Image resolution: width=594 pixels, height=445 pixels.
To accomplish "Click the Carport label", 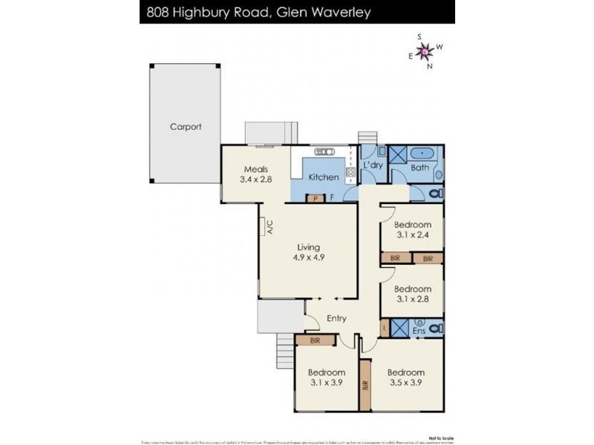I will pos(185,127).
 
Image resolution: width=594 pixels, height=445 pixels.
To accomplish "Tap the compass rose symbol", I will pos(425,51).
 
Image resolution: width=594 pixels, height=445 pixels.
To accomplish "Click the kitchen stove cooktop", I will pos(350,175).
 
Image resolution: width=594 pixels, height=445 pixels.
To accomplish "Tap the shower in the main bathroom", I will pos(399,156).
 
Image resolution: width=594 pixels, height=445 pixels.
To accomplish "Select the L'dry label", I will pos(373,165).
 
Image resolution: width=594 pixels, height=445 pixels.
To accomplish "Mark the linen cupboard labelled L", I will pos(385,327).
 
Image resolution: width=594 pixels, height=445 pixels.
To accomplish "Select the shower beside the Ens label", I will pos(400,327).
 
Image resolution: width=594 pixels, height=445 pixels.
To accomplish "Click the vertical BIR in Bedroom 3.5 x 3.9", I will pos(365,385).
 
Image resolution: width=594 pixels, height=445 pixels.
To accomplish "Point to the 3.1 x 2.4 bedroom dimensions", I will pos(412,235).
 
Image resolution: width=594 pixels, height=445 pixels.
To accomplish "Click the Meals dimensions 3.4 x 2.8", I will pos(254,179).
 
